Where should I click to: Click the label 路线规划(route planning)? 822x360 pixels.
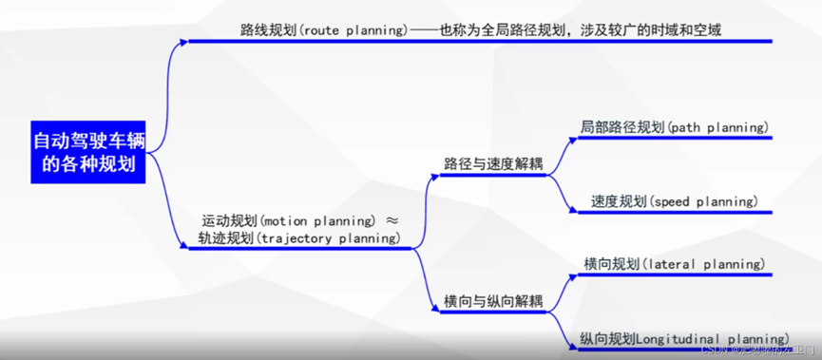(x=322, y=29)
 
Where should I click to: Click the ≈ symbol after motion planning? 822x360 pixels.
(x=392, y=220)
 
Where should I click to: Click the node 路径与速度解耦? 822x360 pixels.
(x=493, y=163)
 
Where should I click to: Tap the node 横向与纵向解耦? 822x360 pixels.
(x=493, y=301)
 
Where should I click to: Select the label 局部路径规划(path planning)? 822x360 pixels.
(x=673, y=126)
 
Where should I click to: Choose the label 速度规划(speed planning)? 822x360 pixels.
(x=674, y=201)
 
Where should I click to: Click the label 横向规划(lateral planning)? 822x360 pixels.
(x=673, y=263)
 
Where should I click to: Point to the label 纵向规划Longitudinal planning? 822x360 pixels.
(x=684, y=337)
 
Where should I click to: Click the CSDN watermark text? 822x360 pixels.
(x=751, y=350)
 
